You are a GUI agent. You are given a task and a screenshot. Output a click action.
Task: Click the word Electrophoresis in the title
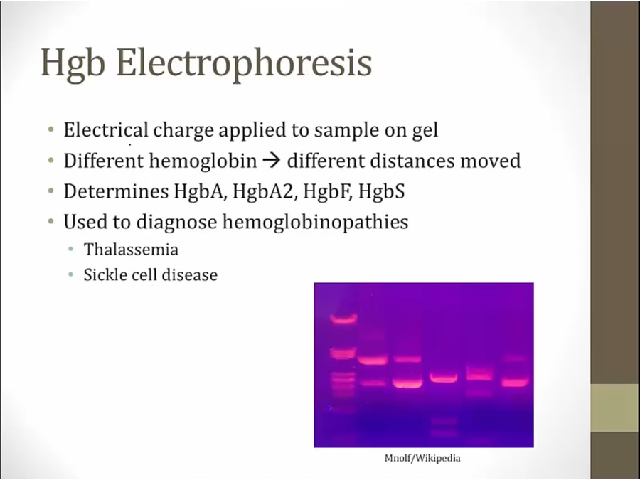244,63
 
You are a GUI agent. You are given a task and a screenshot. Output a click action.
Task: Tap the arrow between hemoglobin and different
272,161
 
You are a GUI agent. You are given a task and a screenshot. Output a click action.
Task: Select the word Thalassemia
131,250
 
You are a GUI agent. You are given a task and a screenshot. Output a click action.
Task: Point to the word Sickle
104,274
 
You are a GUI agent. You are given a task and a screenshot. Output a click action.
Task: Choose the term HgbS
381,191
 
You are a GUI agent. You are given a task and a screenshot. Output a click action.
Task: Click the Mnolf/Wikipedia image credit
422,458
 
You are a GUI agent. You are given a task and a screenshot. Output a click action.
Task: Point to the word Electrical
106,130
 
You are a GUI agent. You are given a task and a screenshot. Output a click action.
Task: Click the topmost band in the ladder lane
343,319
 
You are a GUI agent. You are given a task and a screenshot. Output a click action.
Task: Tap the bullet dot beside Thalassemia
71,249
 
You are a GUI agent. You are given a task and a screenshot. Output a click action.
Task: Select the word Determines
116,191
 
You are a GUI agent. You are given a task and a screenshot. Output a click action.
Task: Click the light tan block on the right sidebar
615,407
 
